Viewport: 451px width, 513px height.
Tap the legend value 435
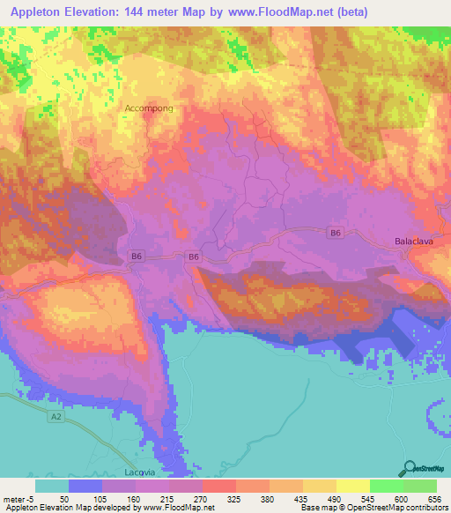click(299, 498)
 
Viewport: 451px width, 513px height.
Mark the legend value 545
click(366, 498)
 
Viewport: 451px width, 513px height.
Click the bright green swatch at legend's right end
click(419, 486)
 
